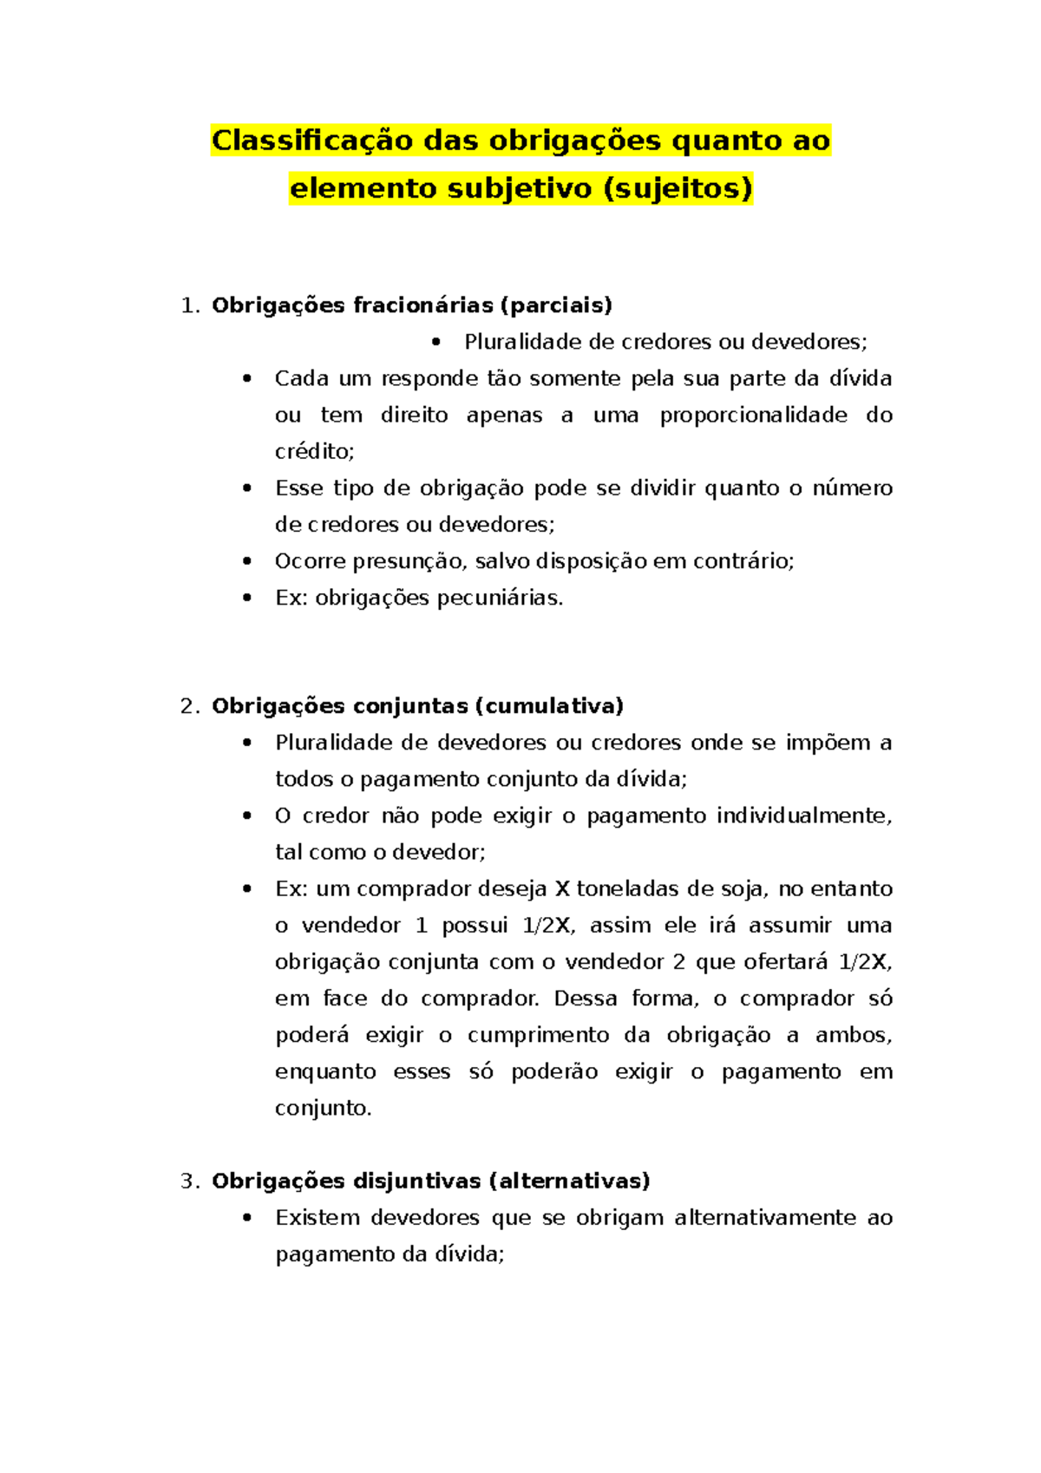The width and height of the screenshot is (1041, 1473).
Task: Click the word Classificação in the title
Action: [x=312, y=141]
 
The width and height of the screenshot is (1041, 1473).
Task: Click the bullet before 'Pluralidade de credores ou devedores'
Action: [x=436, y=342]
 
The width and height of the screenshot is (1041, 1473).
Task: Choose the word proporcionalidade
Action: [x=753, y=416]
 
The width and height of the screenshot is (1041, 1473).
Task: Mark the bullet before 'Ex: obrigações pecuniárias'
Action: [x=248, y=598]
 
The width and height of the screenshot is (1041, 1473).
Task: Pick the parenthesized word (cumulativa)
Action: [x=549, y=706]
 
